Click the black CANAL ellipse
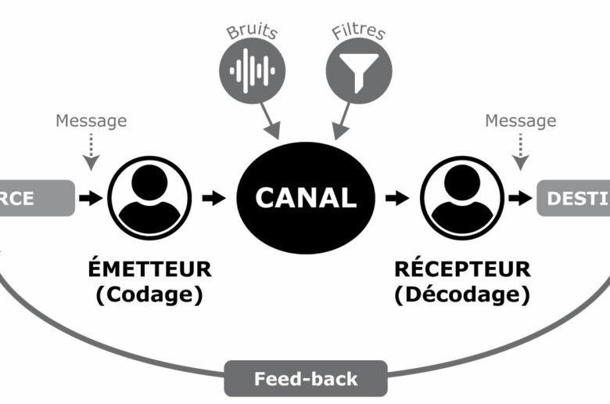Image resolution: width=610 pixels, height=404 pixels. (306, 197)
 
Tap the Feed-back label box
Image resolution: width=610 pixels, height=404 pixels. (306, 379)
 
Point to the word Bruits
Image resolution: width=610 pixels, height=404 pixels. (252, 31)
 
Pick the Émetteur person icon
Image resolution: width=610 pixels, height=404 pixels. (149, 197)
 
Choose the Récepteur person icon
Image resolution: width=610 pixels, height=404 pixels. (461, 197)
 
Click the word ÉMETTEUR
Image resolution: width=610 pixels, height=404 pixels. (149, 269)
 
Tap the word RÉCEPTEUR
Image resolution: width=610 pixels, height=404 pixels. (462, 269)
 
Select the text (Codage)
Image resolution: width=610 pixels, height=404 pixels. (149, 295)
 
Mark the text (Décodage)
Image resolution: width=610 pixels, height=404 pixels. (462, 295)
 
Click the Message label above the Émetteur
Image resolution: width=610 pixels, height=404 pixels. (91, 121)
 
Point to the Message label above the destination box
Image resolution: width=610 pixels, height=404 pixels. (521, 121)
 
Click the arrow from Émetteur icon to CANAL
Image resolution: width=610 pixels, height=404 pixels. (213, 198)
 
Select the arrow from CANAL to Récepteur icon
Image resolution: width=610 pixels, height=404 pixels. (397, 198)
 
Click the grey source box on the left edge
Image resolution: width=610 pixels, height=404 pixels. (35, 198)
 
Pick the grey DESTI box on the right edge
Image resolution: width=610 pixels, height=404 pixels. (574, 198)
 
